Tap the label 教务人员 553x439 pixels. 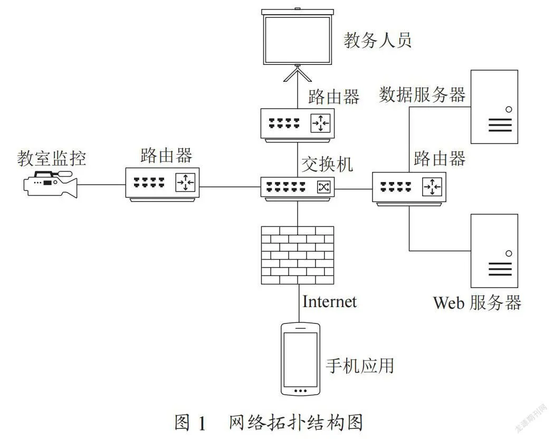[x=378, y=40]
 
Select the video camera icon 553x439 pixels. [x=50, y=184]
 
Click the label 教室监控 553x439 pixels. [x=52, y=158]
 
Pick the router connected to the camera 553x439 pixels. [x=163, y=185]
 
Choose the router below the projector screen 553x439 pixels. [x=297, y=125]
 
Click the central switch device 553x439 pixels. [x=297, y=189]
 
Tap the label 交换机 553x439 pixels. [x=327, y=164]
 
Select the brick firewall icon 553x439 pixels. [x=297, y=255]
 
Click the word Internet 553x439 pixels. [x=330, y=302]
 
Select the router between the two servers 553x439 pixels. [x=409, y=189]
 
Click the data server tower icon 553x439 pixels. [x=494, y=107]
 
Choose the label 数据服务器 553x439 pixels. [x=422, y=94]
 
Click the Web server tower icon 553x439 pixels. [x=494, y=251]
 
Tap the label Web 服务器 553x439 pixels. [x=477, y=303]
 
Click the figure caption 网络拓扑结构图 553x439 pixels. [x=296, y=422]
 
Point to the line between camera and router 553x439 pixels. [x=101, y=185]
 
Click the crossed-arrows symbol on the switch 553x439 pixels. [x=323, y=187]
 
